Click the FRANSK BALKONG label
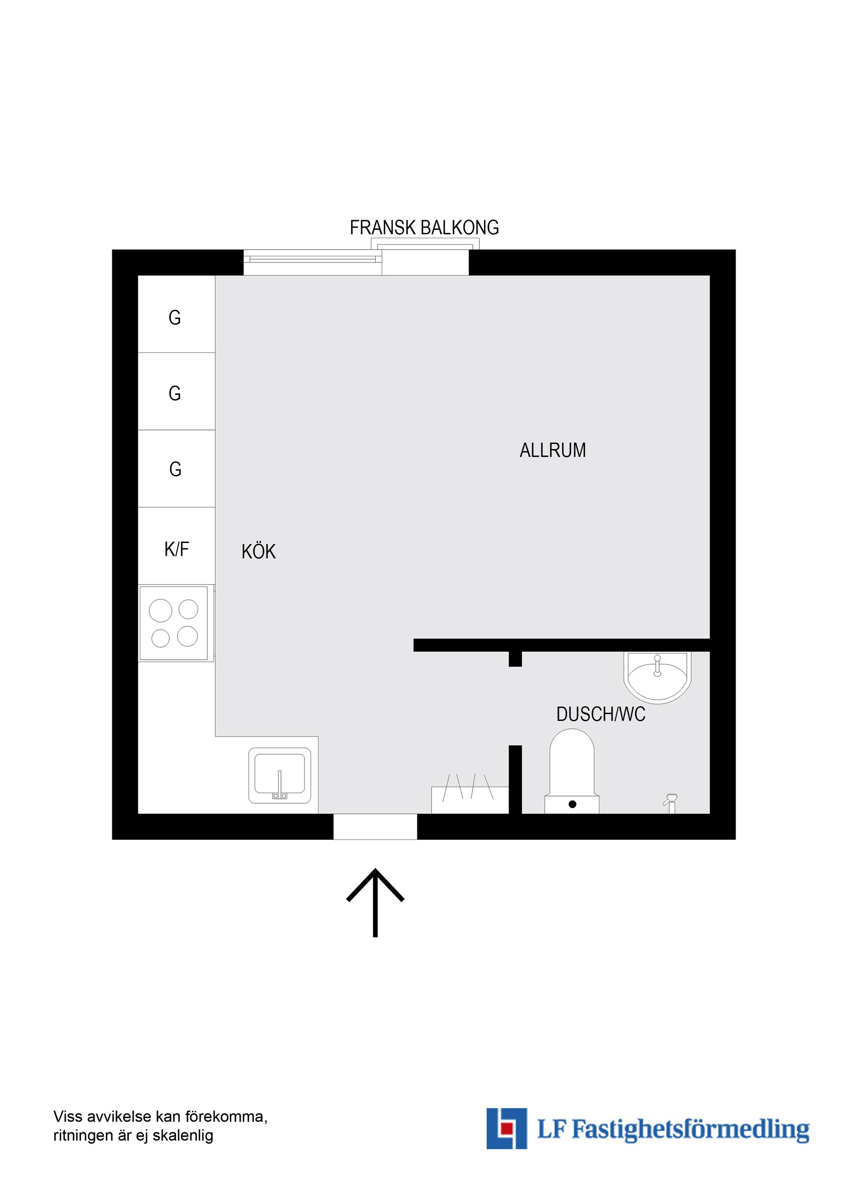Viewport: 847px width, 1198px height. point(424,228)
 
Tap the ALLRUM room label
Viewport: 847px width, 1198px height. point(553,450)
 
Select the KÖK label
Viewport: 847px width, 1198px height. point(259,551)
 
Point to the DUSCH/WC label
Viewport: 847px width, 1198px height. point(601,714)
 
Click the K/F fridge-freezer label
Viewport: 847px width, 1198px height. point(176,549)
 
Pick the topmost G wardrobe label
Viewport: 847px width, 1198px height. point(175,317)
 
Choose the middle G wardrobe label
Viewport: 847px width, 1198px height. point(175,393)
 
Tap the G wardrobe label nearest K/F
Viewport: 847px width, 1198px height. point(175,469)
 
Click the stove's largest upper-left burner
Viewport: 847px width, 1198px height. point(160,610)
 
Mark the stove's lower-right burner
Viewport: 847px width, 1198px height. point(187,636)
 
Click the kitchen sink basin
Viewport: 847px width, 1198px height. point(280,775)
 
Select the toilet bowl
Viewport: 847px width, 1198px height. point(572,762)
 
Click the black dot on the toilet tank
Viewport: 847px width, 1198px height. point(573,804)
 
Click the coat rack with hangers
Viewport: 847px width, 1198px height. point(470,794)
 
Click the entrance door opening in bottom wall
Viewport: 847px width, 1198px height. point(375,827)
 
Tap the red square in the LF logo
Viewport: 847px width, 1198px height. point(506,1128)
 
